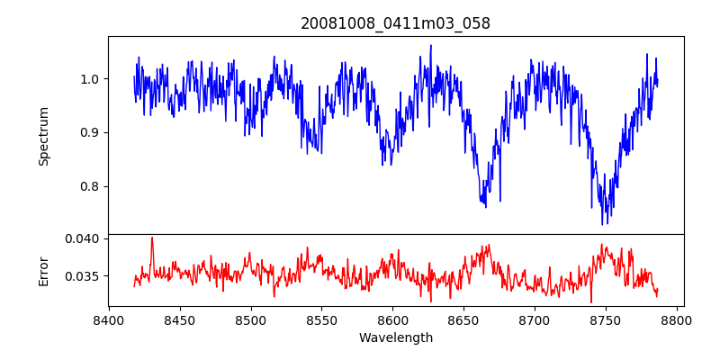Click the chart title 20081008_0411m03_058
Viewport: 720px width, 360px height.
395,23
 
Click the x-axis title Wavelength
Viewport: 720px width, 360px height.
395,337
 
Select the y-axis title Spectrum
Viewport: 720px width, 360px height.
43,136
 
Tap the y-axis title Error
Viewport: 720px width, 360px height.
43,270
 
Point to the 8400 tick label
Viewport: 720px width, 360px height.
108,319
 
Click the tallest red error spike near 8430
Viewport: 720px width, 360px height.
152,238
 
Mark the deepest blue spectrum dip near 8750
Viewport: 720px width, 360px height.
603,223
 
